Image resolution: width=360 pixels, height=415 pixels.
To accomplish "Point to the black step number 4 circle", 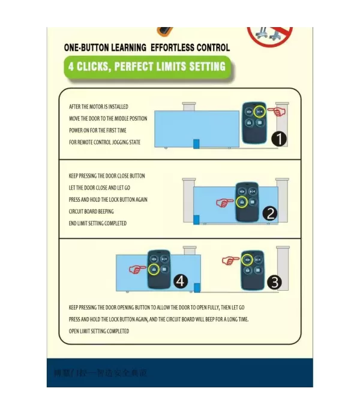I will (x=180, y=281).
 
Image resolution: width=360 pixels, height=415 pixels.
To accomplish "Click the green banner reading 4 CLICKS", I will (x=146, y=66).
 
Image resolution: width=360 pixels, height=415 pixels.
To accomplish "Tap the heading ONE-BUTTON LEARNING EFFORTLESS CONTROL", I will (x=146, y=47).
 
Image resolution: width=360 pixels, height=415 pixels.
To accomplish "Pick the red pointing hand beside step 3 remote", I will (x=230, y=261).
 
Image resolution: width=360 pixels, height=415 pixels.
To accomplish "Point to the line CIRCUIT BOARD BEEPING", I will (x=91, y=211).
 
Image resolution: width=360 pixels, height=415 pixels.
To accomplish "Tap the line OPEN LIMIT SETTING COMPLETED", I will (x=98, y=331).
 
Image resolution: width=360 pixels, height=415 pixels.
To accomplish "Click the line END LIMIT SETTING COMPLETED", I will (x=98, y=223).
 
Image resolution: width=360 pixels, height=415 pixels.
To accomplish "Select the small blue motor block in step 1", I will (x=196, y=144).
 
